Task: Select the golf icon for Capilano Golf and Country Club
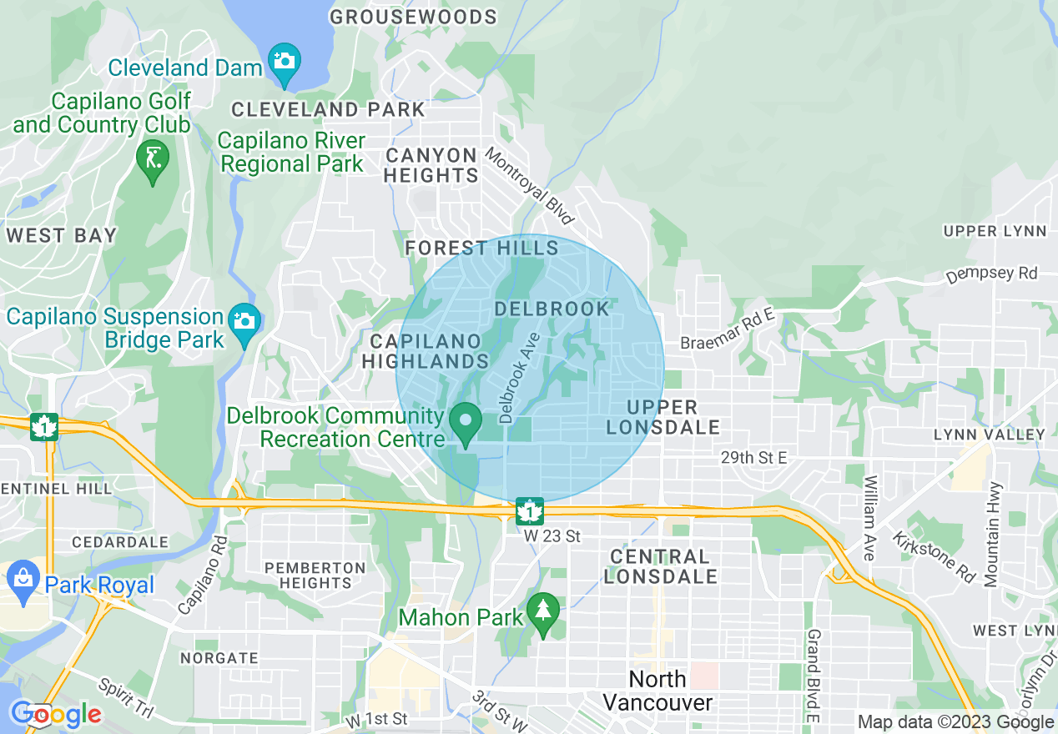(153, 157)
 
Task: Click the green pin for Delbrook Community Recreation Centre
(466, 420)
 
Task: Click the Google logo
(56, 715)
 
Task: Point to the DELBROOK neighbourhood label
(552, 309)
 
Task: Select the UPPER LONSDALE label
(663, 417)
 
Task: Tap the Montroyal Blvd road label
(530, 186)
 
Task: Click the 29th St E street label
(753, 458)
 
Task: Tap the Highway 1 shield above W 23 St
(529, 510)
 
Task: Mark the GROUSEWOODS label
(413, 17)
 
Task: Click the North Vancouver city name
(657, 691)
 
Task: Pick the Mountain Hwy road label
(994, 535)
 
